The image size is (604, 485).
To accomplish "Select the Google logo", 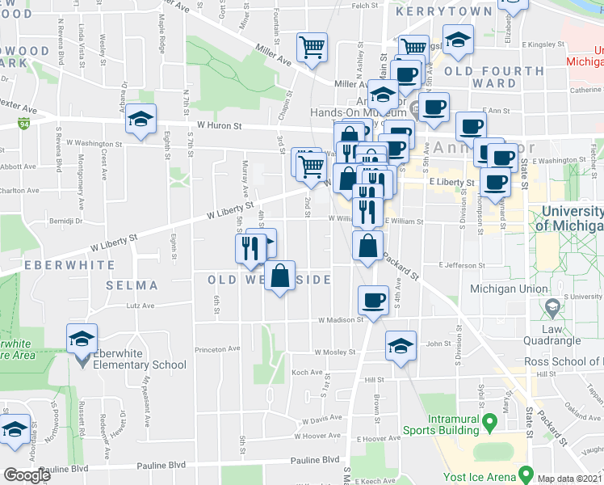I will pos(27,475).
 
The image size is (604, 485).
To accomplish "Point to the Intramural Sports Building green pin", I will pos(489,422).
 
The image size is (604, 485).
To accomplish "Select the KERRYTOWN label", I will pos(451,11).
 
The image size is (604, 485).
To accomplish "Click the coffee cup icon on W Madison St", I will pos(374,300).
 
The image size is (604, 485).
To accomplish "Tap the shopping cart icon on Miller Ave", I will pos(312,47).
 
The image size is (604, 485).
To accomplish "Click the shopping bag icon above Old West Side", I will pos(279,276).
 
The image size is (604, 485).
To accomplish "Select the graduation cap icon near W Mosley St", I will pos(400,346).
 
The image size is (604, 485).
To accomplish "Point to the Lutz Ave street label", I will pos(140,306).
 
